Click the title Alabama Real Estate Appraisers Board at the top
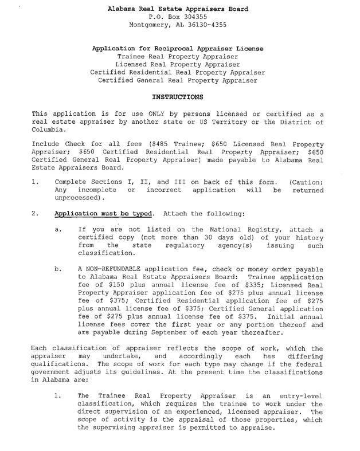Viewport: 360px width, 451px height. tap(179, 10)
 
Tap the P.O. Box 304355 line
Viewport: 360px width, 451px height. tap(179, 18)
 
